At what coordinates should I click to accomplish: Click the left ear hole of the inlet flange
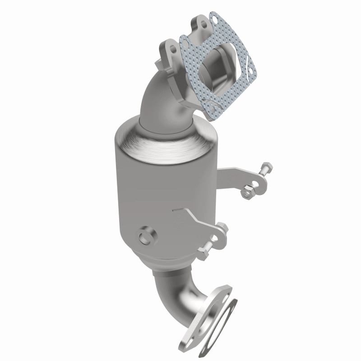click(171, 48)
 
